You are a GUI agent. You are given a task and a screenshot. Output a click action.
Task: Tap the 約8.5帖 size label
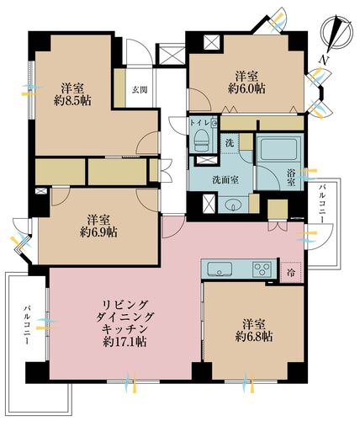72,102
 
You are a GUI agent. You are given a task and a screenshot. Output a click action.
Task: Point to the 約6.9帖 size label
98,230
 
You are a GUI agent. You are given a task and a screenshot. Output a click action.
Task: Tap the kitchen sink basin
221,269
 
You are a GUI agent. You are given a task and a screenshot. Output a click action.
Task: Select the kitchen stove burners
262,269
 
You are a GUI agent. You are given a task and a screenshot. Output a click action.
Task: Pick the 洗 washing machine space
228,143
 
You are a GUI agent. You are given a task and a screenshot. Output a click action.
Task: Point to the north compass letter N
325,59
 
